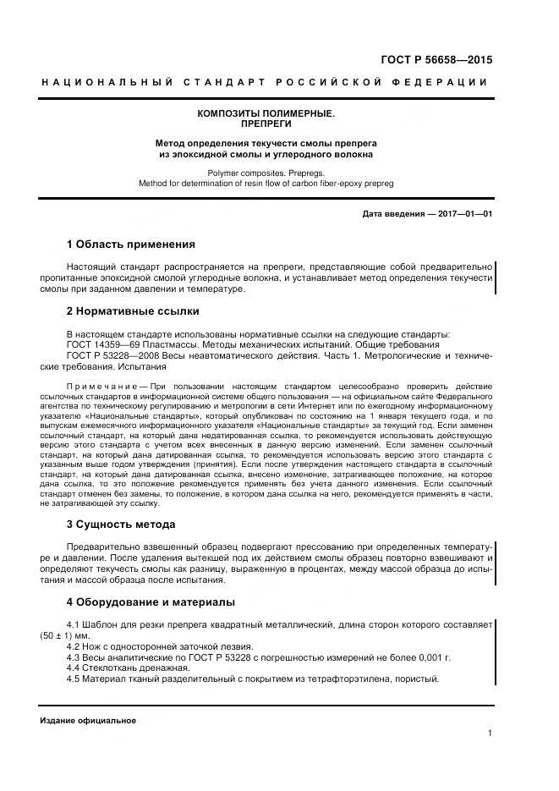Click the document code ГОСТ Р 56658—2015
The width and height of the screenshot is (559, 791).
click(431, 59)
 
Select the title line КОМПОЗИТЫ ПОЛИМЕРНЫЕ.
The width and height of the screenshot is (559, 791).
click(266, 113)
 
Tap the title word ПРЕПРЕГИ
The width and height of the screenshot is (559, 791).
click(266, 124)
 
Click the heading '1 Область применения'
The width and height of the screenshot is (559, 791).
click(130, 244)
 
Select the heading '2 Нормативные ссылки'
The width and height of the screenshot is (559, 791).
click(132, 310)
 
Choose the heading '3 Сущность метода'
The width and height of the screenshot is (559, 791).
click(120, 525)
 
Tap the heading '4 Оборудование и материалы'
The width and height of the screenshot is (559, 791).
click(150, 602)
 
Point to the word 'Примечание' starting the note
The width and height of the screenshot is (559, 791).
click(95, 387)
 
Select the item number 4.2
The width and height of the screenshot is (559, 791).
click(74, 645)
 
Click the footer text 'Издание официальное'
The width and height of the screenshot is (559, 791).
click(88, 721)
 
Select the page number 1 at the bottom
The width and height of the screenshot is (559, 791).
click(489, 733)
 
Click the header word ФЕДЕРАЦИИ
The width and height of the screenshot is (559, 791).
click(441, 82)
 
